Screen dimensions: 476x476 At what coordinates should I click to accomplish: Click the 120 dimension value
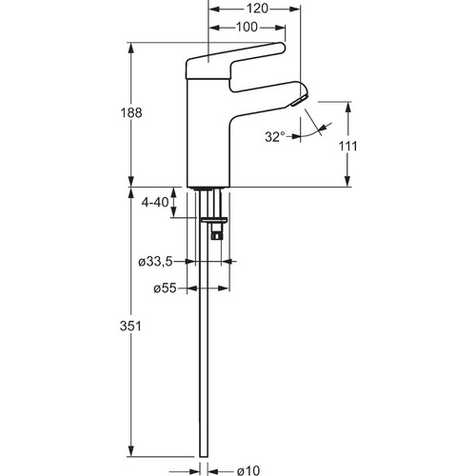[257, 9]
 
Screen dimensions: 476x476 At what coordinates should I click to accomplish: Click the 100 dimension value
[247, 28]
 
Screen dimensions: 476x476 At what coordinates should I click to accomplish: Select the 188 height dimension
[131, 112]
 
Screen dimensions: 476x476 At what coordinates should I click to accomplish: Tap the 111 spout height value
[347, 146]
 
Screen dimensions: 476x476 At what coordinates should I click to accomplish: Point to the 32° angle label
[275, 137]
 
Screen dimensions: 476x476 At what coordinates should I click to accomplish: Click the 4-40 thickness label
[155, 202]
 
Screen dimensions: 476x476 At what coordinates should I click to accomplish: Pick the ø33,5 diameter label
[155, 262]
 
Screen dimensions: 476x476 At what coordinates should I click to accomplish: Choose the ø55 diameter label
[165, 288]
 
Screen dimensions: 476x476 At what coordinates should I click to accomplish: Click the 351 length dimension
[130, 326]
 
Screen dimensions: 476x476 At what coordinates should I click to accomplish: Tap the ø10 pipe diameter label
[248, 470]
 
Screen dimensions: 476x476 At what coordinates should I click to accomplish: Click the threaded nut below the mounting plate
[217, 235]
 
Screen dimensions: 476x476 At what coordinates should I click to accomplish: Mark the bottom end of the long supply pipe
[204, 457]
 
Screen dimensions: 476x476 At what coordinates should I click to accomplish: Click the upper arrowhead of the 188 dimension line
[131, 49]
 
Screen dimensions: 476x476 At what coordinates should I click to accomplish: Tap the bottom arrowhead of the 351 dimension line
[131, 451]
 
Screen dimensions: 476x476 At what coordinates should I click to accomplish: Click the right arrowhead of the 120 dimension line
[294, 10]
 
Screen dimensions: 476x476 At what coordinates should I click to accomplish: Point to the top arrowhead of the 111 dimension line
[348, 108]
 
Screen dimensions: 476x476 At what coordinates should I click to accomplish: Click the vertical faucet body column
[208, 133]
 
